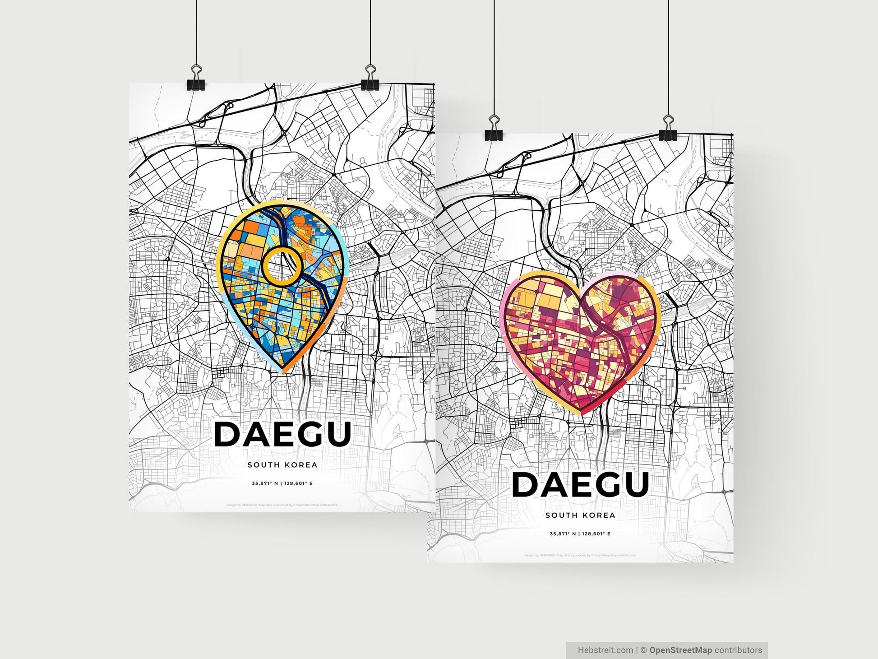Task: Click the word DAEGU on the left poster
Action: (x=282, y=434)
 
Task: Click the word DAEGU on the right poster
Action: (x=580, y=484)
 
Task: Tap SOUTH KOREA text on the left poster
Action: (x=282, y=465)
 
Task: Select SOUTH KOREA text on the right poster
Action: (x=580, y=515)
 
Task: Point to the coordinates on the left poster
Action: (x=282, y=483)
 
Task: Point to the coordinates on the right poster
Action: (x=580, y=534)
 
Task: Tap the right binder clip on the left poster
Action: (x=370, y=79)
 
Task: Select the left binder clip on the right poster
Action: (x=494, y=129)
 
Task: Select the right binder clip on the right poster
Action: (x=668, y=129)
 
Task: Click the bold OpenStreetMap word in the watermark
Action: (x=680, y=650)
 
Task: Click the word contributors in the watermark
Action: (x=738, y=650)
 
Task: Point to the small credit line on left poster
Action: (x=282, y=505)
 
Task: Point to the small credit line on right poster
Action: (x=580, y=555)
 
